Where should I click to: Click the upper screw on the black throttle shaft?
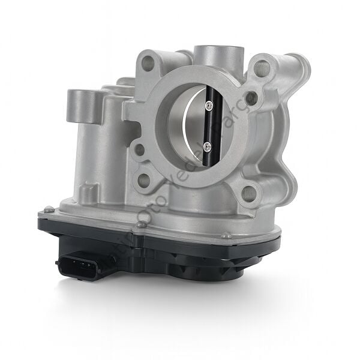click(x=208, y=106)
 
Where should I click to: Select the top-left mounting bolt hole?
click(x=148, y=62)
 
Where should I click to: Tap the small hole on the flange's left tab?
click(x=139, y=149)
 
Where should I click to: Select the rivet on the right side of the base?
click(x=227, y=236)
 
